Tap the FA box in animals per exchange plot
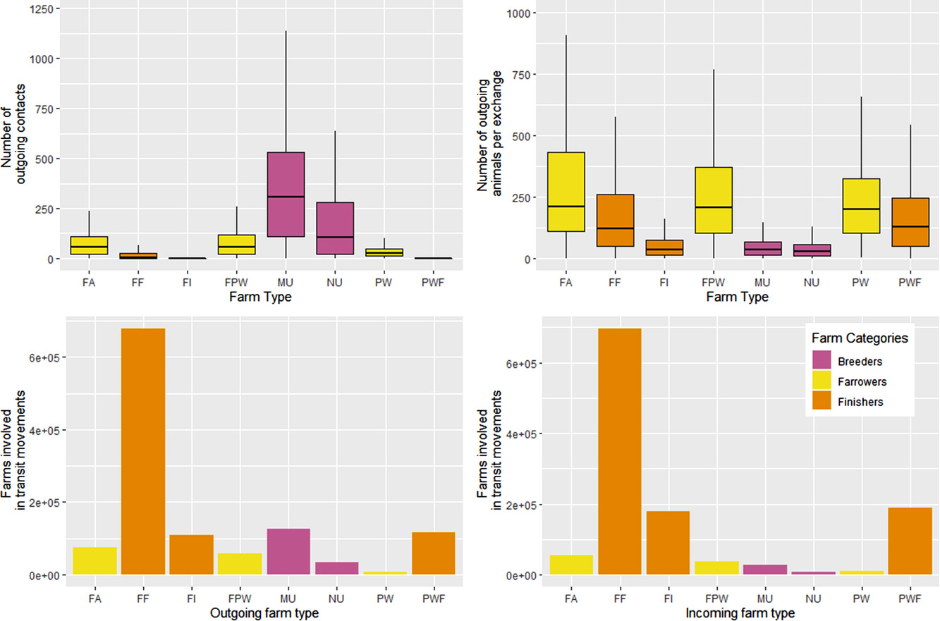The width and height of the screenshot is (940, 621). (x=566, y=192)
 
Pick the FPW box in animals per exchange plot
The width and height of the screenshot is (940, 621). (x=712, y=200)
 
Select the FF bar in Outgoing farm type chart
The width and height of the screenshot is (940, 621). (x=143, y=451)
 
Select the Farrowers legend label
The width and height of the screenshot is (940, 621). (x=862, y=381)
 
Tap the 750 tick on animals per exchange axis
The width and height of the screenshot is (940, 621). (x=525, y=75)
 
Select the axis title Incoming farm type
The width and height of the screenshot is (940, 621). (x=740, y=613)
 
